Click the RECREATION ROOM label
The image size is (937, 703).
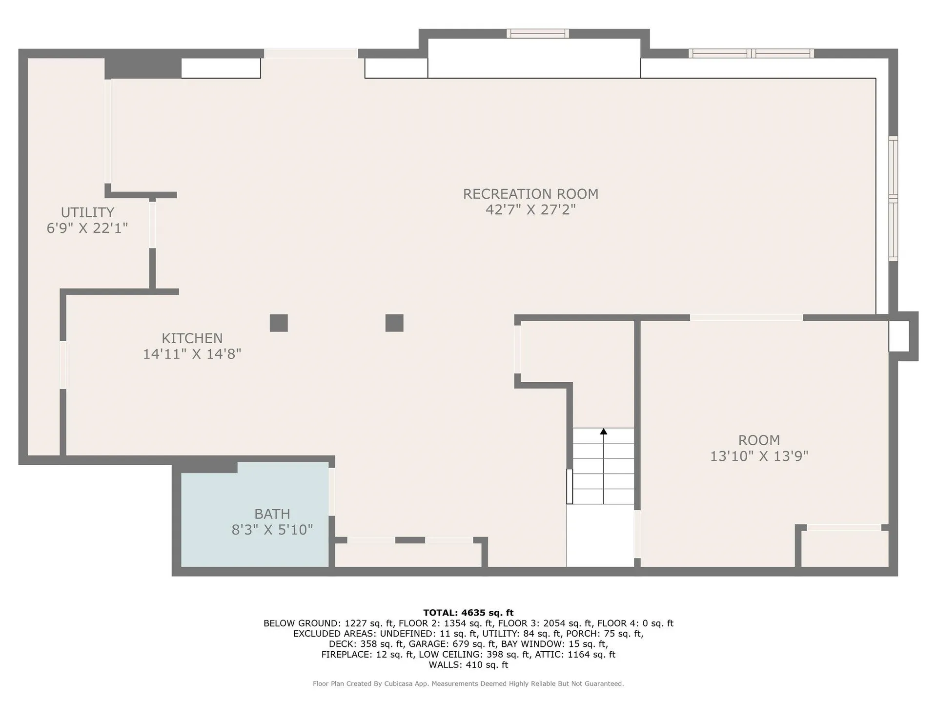530,194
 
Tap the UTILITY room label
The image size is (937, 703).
87,212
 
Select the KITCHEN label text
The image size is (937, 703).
192,338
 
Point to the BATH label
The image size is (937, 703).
272,514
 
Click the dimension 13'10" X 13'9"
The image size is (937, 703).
759,456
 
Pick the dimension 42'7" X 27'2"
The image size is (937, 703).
530,209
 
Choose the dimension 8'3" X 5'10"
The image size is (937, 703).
272,530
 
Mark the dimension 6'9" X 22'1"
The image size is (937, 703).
87,228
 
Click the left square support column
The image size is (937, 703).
279,323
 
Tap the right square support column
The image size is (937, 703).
394,323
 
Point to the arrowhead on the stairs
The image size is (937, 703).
604,432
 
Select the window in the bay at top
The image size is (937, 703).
538,34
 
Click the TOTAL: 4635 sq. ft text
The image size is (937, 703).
468,613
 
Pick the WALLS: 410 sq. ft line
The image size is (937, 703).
468,665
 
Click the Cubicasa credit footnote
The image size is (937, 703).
468,684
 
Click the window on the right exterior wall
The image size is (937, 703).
893,198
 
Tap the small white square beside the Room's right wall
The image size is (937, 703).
899,336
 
